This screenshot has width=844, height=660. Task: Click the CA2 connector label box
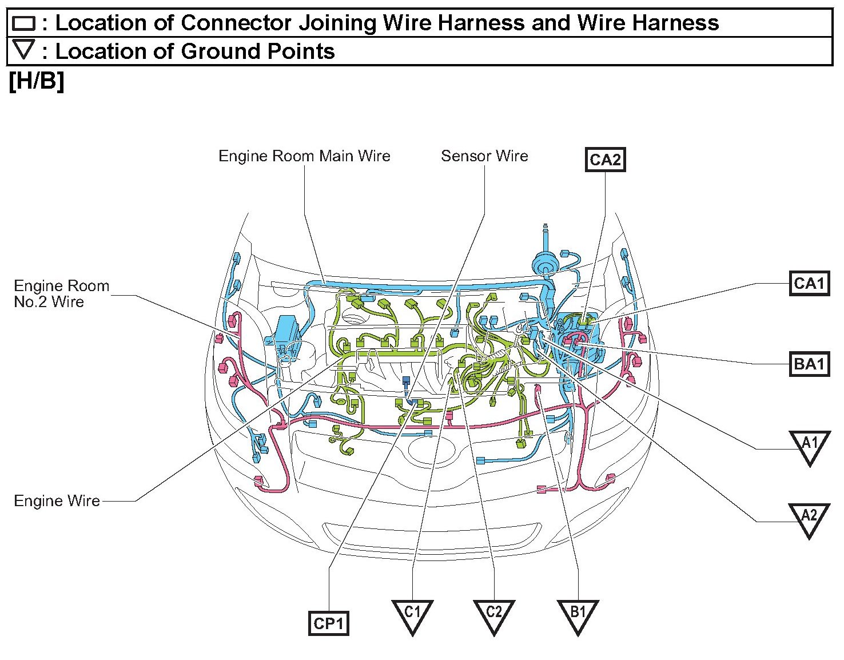point(605,160)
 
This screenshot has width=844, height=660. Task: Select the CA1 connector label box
point(809,283)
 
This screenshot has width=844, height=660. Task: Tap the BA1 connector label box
point(809,364)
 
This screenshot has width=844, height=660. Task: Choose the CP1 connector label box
point(328,623)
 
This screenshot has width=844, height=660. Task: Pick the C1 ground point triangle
point(412,614)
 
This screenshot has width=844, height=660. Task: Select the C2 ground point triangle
point(493,614)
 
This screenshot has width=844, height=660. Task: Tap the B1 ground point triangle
point(578,614)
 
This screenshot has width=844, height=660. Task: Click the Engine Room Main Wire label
point(304,156)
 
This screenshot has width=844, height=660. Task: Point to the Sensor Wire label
point(484,156)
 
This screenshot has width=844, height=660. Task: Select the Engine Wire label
point(57,501)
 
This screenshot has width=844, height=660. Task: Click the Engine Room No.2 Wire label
point(61,293)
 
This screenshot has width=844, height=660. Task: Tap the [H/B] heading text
point(37,81)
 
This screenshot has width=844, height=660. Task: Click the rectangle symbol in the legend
point(24,23)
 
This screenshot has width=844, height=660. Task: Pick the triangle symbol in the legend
point(24,49)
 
